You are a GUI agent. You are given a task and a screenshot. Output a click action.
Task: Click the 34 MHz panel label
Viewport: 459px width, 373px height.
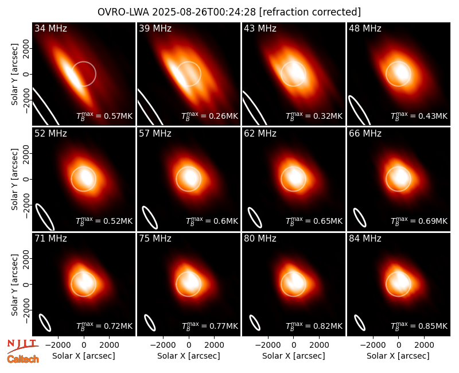pyautogui.click(x=50, y=28)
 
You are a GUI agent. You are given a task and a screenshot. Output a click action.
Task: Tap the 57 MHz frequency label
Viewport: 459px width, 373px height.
pyautogui.click(x=155, y=134)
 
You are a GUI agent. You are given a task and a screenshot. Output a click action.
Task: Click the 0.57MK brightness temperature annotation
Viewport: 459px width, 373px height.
pyautogui.click(x=104, y=116)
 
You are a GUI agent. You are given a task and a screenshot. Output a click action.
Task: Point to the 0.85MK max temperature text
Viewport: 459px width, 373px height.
pyautogui.click(x=419, y=325)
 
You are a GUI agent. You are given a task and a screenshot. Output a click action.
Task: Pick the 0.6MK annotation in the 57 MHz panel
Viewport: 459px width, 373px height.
pyautogui.click(x=212, y=221)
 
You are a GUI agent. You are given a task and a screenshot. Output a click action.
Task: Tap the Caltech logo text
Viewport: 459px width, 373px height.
pyautogui.click(x=23, y=359)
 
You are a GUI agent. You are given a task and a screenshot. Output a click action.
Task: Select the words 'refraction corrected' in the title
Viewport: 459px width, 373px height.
pyautogui.click(x=310, y=12)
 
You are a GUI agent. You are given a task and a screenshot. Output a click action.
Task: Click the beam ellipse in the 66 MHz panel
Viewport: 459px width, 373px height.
pyautogui.click(x=360, y=217)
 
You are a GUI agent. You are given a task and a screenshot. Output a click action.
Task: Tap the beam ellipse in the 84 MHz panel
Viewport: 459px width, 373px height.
pyautogui.click(x=360, y=323)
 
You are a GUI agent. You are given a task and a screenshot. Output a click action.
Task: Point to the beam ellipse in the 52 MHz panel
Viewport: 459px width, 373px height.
pyautogui.click(x=45, y=217)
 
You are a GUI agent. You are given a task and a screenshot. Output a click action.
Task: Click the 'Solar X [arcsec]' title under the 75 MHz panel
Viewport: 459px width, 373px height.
pyautogui.click(x=189, y=356)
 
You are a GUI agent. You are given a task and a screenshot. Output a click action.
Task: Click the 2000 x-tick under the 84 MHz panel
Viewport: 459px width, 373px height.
pyautogui.click(x=424, y=345)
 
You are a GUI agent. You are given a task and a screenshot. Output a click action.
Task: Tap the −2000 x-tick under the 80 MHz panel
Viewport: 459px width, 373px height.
pyautogui.click(x=268, y=345)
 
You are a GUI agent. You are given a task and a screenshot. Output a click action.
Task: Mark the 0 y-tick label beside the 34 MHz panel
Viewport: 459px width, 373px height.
pyautogui.click(x=26, y=74)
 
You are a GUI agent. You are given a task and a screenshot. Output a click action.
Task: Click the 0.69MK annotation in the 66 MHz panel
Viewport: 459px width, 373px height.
pyautogui.click(x=419, y=221)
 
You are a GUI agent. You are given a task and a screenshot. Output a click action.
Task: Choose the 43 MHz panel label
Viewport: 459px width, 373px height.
pyautogui.click(x=260, y=28)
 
